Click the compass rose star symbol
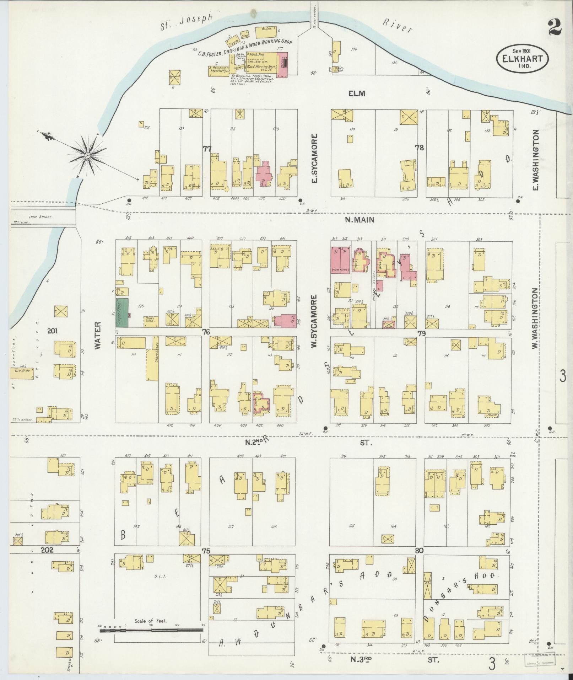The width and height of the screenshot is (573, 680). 87,155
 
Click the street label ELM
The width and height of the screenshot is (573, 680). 357,93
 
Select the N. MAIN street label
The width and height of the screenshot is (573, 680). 360,220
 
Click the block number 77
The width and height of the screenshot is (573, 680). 207,148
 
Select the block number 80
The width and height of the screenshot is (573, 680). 419,561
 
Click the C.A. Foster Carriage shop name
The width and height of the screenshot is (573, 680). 245,47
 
